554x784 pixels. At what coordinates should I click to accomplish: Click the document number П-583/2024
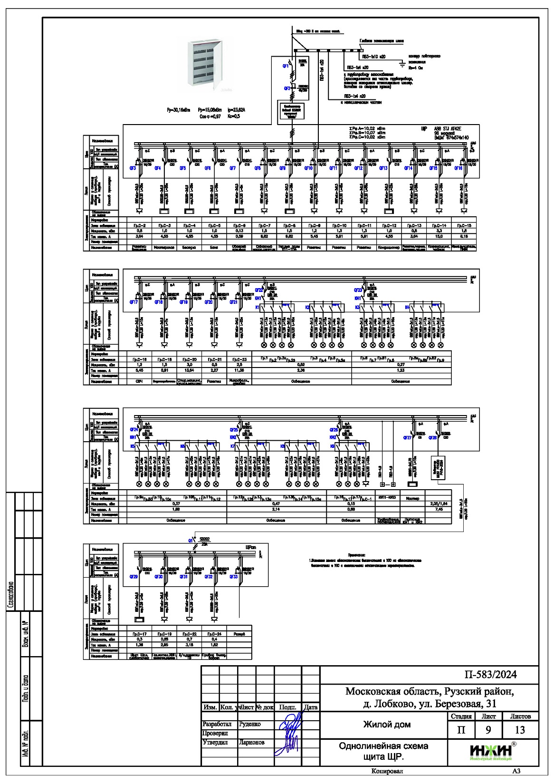[x=490, y=675]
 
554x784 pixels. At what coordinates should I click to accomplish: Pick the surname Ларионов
[x=252, y=742]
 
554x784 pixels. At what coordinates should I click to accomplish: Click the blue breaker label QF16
[x=458, y=168]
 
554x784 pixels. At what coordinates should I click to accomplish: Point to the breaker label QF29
[x=134, y=576]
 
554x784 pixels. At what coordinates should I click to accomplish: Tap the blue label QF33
[x=234, y=576]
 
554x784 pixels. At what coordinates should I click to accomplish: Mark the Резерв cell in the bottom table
[x=239, y=634]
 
